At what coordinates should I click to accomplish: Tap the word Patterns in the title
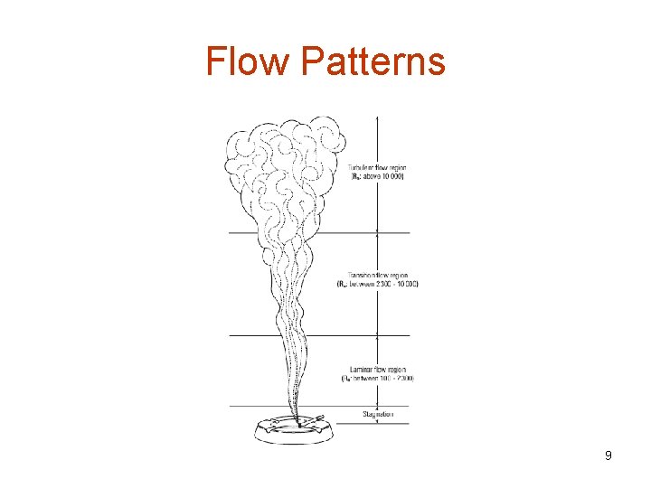tap(373, 61)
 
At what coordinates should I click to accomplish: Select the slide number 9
tap(609, 456)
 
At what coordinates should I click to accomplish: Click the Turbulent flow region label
tap(377, 168)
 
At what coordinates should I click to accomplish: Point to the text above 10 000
tap(377, 176)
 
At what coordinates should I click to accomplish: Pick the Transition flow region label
tap(378, 276)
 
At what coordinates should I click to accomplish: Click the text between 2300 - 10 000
tap(378, 284)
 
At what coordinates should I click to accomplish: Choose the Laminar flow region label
tap(377, 370)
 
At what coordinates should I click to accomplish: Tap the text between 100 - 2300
tap(378, 378)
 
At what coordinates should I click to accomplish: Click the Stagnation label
tap(377, 414)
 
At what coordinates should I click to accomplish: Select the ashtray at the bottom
tap(298, 432)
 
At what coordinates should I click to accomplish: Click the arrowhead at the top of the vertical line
tap(377, 117)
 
